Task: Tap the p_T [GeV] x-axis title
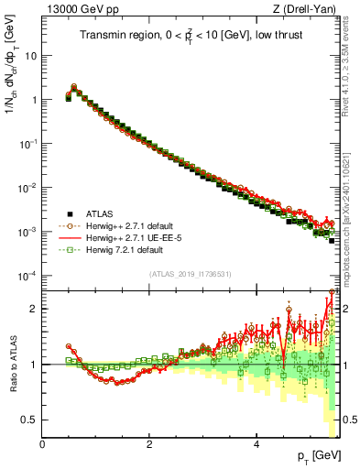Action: tap(319, 455)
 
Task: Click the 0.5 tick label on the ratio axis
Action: tap(29, 420)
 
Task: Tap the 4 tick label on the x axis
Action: tap(256, 443)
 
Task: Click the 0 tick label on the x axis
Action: tap(43, 443)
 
